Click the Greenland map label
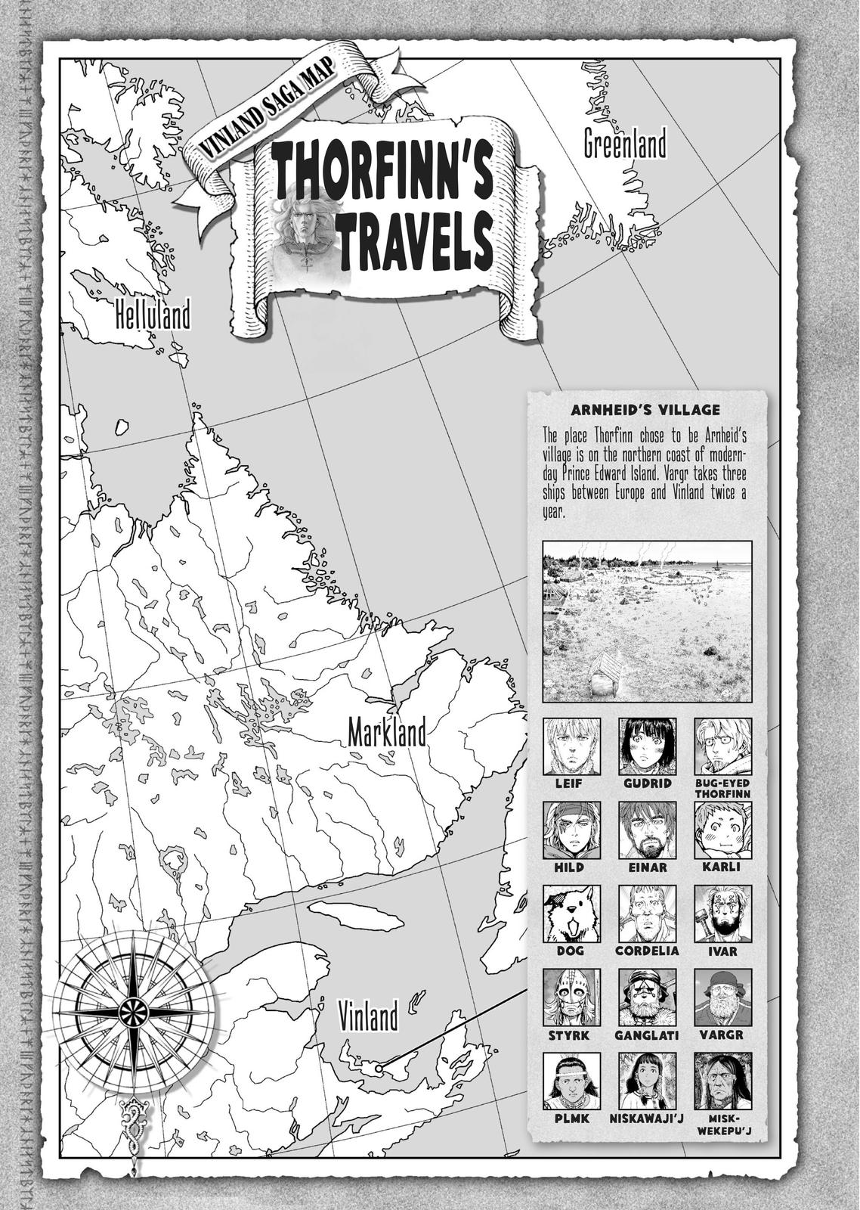point(625,144)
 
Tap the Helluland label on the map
point(153,315)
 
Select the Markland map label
point(387,733)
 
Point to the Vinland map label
point(368,1016)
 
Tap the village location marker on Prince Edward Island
point(379,1067)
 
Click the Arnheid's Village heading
point(646,411)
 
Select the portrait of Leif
point(571,746)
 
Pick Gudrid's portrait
point(647,746)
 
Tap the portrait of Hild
point(571,830)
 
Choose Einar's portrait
point(647,830)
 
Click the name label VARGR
point(722,1035)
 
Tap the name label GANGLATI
point(647,1035)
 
